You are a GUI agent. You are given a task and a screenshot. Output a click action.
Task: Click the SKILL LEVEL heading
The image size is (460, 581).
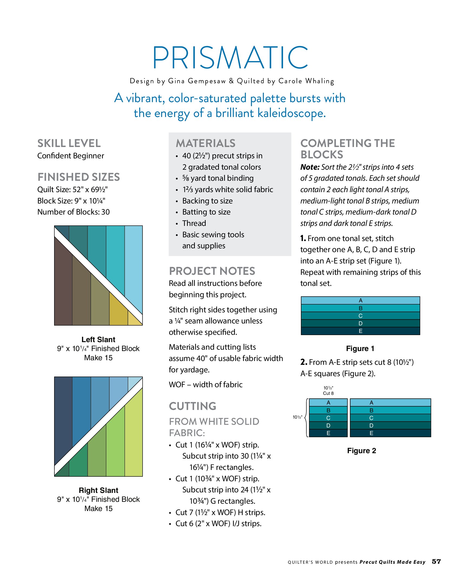coord(69,143)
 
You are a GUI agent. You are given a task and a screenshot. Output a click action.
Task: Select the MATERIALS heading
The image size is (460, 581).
coord(206,143)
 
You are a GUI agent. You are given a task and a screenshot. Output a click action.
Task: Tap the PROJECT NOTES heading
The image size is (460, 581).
coord(212,271)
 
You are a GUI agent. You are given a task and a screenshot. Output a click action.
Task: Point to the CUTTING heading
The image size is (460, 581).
coord(192,406)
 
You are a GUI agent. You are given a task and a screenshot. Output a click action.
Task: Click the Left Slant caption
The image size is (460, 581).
coord(98,339)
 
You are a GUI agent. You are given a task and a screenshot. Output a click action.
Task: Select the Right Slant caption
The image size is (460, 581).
coord(98,490)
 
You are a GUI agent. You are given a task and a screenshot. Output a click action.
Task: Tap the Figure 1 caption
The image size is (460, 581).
coord(360,349)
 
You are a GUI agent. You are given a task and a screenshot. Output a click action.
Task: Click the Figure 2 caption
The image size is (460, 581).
coord(362,451)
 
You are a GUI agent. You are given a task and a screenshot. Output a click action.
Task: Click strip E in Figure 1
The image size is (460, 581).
coord(360,331)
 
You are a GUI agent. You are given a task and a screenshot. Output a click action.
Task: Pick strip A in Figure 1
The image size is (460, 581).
coord(360,300)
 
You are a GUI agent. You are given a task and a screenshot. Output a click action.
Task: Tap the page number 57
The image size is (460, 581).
coord(436,562)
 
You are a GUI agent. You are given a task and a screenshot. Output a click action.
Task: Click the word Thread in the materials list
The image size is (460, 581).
coord(194,223)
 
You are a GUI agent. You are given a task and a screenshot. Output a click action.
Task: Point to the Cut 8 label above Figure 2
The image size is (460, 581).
coord(328,393)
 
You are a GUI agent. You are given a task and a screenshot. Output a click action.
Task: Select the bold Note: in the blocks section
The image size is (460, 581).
coord(310,167)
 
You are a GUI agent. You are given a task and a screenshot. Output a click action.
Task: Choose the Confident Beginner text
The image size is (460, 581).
coord(71,156)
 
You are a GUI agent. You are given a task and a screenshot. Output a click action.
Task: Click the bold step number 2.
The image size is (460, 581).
coord(304,362)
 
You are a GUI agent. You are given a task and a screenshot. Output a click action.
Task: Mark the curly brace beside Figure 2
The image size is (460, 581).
coord(307,418)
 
